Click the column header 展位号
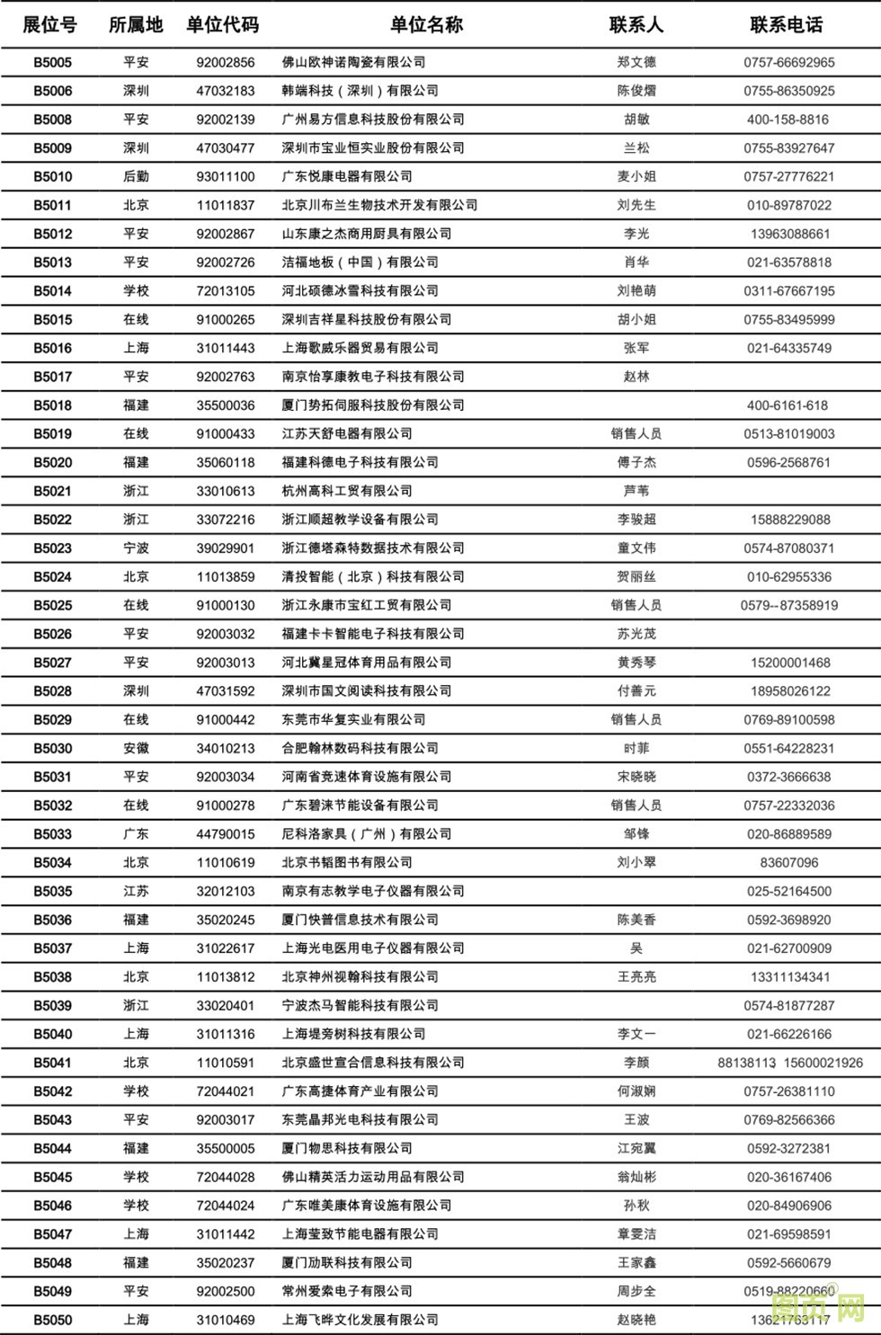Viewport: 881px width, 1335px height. [x=49, y=25]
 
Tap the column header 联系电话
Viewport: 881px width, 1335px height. [x=787, y=25]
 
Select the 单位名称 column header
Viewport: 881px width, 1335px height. [x=426, y=25]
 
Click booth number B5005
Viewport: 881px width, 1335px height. [x=53, y=62]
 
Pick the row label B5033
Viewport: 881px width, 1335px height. [x=53, y=834]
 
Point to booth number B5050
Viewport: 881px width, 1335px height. [x=53, y=1320]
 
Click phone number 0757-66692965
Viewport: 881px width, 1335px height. [x=788, y=62]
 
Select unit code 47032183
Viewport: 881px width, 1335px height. [x=226, y=91]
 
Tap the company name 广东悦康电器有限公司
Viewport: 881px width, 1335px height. [x=347, y=176]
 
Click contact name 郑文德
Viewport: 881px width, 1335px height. [x=636, y=62]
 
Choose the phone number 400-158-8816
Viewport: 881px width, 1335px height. [x=788, y=120]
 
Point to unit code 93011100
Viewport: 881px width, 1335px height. [x=226, y=176]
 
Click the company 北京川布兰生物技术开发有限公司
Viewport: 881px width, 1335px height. [x=379, y=205]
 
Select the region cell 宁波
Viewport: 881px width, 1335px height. [x=136, y=548]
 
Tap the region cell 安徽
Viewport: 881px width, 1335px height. [x=136, y=748]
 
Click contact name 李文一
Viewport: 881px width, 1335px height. [x=636, y=1034]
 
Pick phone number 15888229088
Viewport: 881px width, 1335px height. [x=788, y=520]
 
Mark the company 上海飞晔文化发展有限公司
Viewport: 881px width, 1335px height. [x=360, y=1320]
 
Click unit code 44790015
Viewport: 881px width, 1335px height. [x=226, y=834]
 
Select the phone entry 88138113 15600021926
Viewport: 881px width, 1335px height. [x=789, y=1063]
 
